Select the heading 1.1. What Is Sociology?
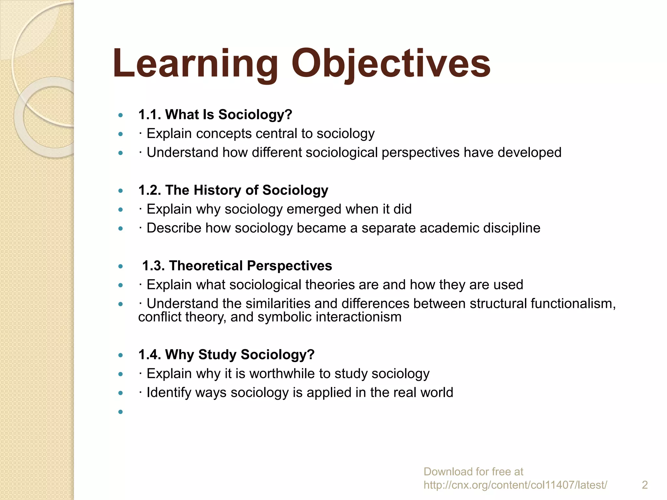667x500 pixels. pos(215,115)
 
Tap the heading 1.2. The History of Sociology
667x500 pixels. pos(233,190)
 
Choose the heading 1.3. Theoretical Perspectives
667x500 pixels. pos(237,266)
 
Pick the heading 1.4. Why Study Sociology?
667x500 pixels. pos(226,354)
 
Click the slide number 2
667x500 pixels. pos(645,485)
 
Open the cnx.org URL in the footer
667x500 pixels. pos(515,485)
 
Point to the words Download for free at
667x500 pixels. pos(473,471)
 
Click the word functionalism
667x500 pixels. pos(573,303)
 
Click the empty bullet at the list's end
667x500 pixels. pos(121,412)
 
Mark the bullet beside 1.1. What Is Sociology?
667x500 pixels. pos(121,115)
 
